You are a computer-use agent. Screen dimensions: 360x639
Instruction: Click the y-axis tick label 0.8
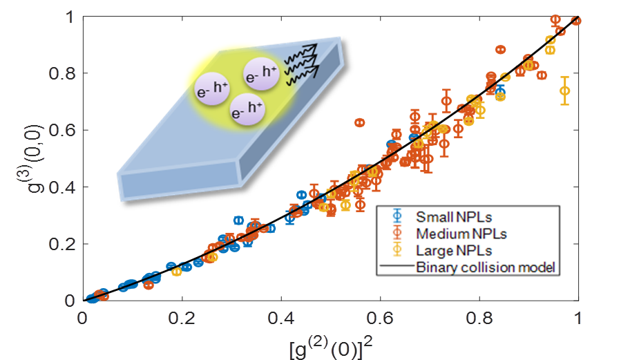point(62,73)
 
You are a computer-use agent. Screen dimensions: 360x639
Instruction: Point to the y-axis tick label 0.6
point(62,130)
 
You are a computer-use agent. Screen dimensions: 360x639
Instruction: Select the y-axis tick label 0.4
point(62,187)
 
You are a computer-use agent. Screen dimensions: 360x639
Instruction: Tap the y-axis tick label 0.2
point(62,244)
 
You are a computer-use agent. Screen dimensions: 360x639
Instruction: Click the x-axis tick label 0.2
point(182,319)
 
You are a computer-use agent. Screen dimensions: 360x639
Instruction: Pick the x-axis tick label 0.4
point(281,319)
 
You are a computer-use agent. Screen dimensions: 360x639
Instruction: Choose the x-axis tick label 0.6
point(381,319)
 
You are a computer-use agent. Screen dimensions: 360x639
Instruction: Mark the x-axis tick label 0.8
point(479,319)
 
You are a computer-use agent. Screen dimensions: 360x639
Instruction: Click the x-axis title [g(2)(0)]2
point(331,345)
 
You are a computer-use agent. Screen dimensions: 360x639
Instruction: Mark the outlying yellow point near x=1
point(565,91)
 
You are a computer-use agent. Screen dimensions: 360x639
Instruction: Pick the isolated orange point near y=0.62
point(360,122)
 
